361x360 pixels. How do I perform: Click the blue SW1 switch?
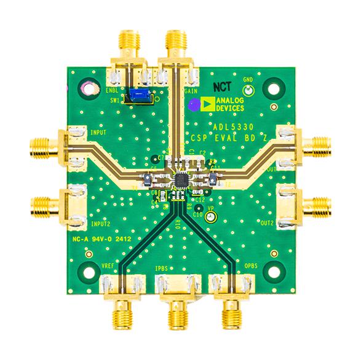click(139, 96)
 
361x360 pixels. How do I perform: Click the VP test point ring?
click(210, 217)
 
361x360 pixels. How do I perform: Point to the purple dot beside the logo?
click(194, 106)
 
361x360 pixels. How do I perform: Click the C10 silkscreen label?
click(198, 214)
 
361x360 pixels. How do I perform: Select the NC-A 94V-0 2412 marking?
click(101, 238)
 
